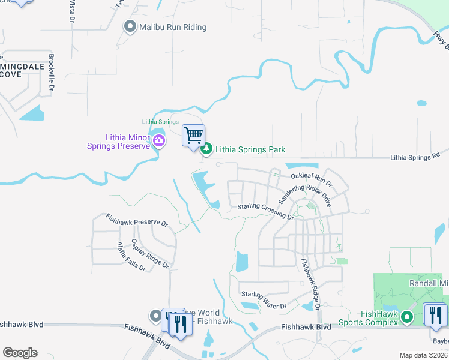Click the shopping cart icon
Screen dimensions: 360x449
pos(193,136)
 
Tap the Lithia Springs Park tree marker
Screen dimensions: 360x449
pos(206,149)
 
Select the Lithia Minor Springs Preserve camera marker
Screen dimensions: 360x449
pos(159,141)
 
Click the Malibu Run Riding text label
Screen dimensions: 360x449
pos(173,27)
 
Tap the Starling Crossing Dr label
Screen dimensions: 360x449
pos(265,211)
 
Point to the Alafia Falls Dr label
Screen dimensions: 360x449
pos(131,256)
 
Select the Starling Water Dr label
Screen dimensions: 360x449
pos(264,299)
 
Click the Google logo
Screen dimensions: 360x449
pos(20,353)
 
